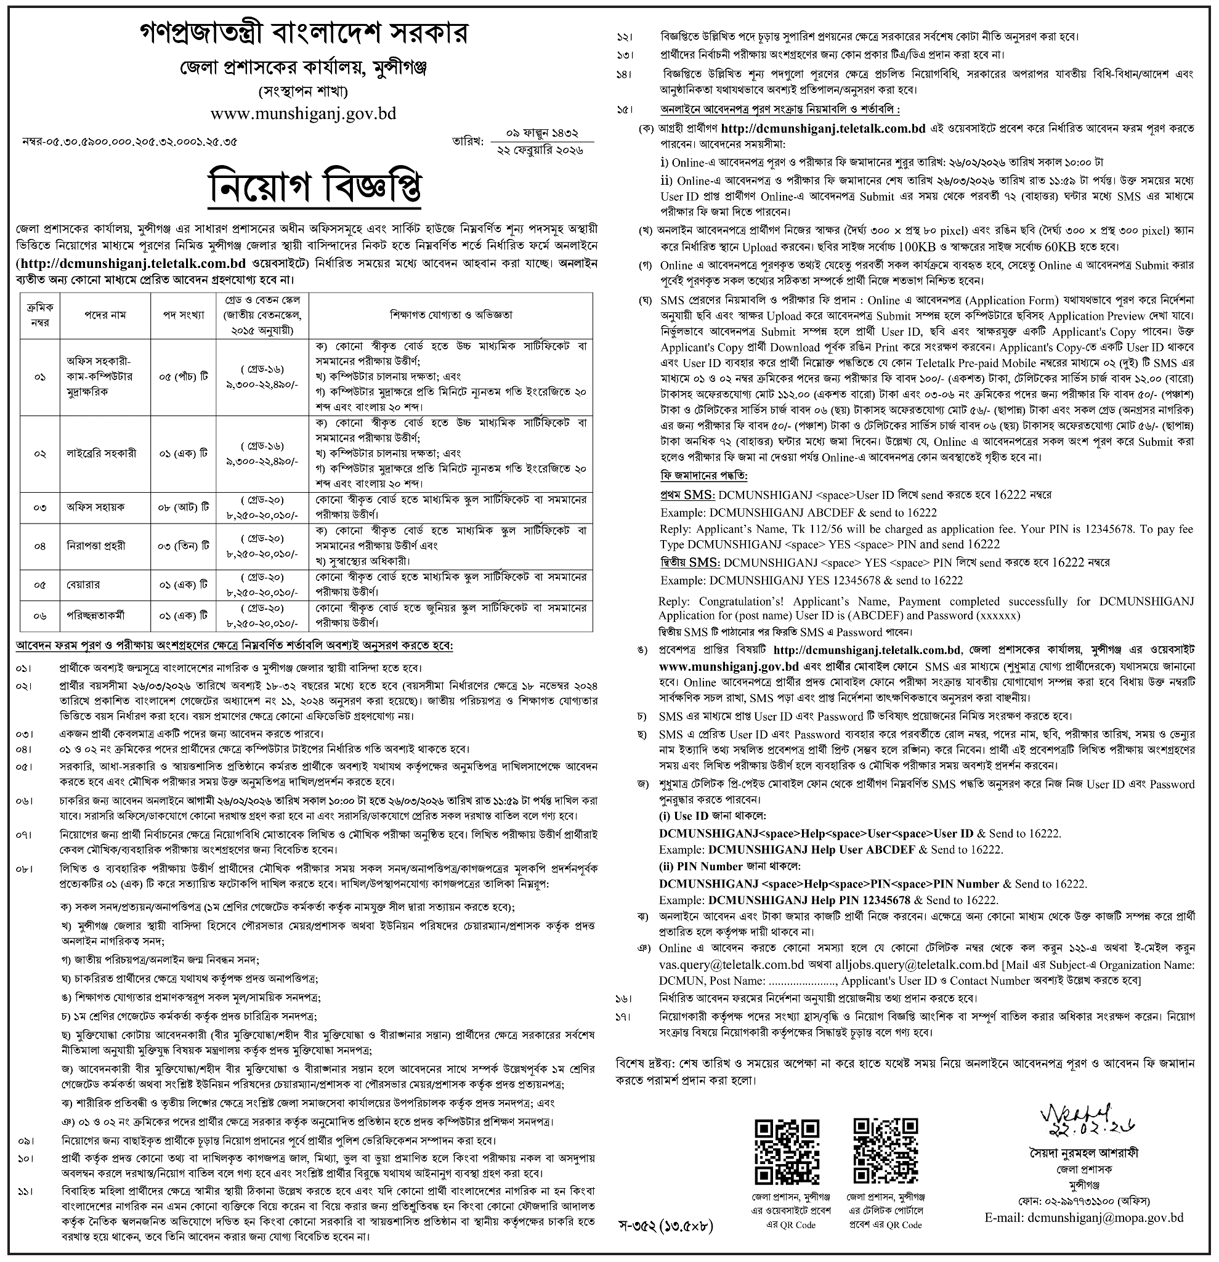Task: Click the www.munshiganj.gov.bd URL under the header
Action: (x=303, y=114)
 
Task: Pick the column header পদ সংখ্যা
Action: (x=183, y=315)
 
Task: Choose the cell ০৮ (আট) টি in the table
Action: (x=183, y=507)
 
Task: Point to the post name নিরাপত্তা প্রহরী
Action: (x=95, y=545)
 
